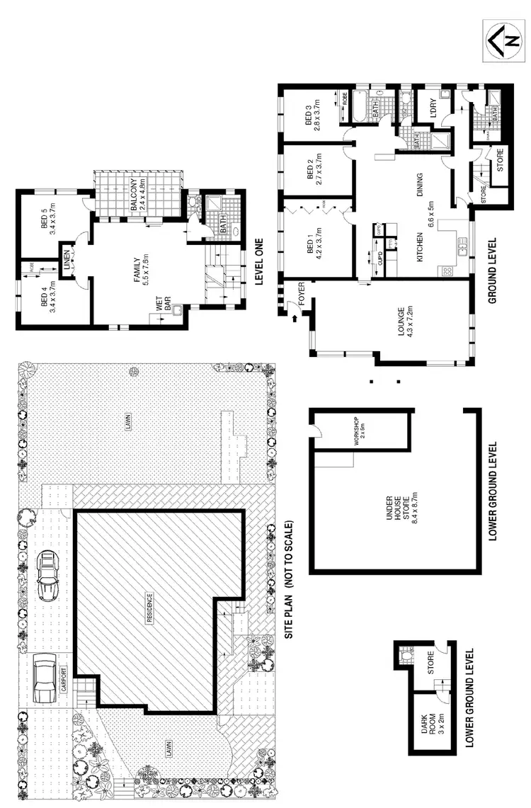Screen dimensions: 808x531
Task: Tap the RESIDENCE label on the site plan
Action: [149, 607]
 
